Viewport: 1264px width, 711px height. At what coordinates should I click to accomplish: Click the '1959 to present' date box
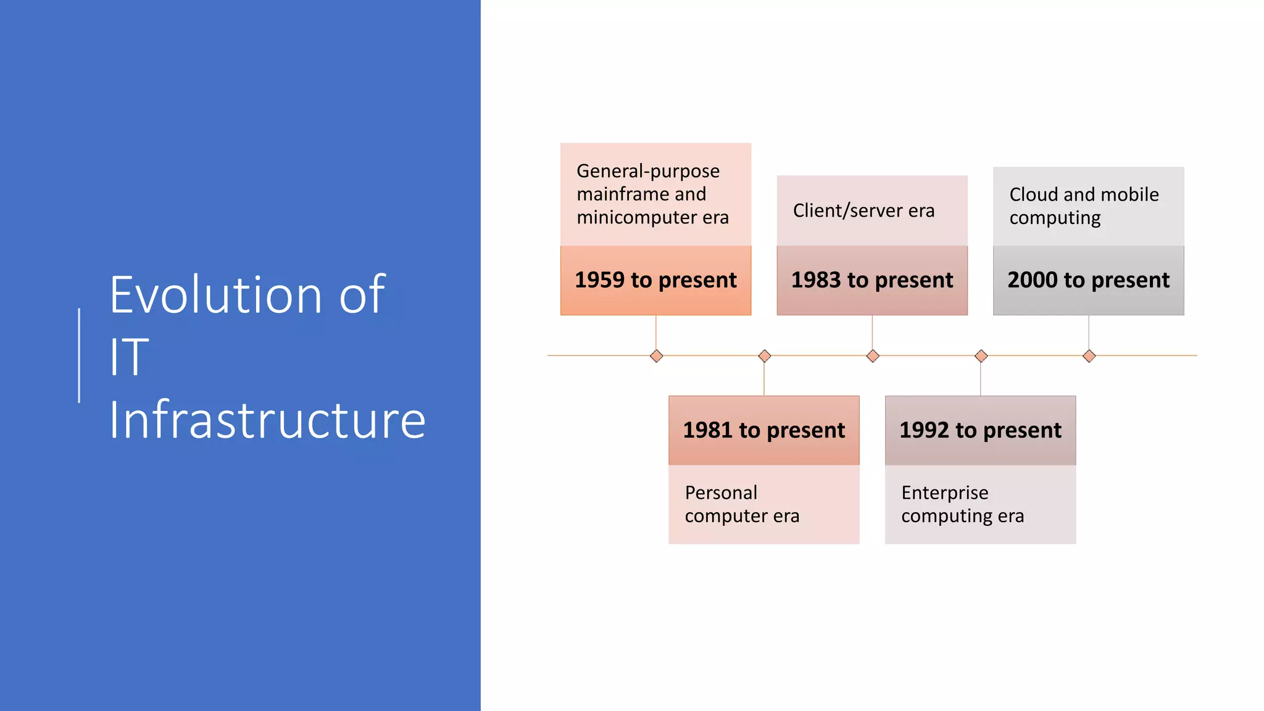655,280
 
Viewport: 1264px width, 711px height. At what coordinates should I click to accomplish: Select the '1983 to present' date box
871,280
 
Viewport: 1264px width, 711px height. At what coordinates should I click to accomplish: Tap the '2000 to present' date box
1088,280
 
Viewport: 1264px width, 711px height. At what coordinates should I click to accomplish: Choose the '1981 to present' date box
763,430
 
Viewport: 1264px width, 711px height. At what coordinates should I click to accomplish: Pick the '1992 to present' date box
980,430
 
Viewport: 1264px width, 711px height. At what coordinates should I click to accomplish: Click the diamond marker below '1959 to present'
656,356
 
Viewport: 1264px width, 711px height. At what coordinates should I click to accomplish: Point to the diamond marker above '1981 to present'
764,356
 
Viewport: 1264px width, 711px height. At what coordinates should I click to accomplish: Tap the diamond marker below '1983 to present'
873,356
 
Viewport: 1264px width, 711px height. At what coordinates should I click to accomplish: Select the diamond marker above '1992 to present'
981,356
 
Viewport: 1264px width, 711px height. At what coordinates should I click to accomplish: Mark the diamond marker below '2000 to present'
1089,356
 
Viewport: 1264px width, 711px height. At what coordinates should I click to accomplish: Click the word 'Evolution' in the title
215,295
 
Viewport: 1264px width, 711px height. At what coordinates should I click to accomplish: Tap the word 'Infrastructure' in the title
267,420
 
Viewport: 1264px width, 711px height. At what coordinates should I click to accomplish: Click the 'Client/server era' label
863,210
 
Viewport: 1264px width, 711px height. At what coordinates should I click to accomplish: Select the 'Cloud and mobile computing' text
1084,206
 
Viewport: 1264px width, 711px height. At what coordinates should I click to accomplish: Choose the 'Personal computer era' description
742,504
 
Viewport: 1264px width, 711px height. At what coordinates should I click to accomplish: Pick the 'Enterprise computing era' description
962,504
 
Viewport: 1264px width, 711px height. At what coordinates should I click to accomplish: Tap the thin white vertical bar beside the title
79,355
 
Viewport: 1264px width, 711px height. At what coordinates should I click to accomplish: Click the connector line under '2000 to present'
1089,333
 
